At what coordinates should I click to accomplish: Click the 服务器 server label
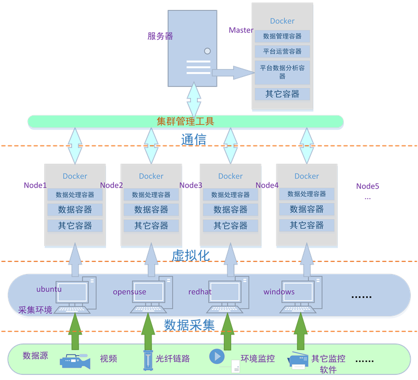pyautogui.click(x=160, y=36)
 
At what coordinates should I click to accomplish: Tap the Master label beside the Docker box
pyautogui.click(x=241, y=31)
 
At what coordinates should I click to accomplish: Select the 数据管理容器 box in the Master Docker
pyautogui.click(x=282, y=36)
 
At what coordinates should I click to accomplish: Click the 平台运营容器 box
pyautogui.click(x=282, y=52)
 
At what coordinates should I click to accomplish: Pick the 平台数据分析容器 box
pyautogui.click(x=282, y=72)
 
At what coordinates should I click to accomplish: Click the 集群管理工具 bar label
pyautogui.click(x=185, y=122)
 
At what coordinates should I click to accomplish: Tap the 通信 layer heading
pyautogui.click(x=194, y=140)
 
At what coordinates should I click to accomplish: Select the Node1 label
pyautogui.click(x=35, y=186)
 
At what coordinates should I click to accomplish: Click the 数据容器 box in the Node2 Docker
pyautogui.click(x=151, y=210)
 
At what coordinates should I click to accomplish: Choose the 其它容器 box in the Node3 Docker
pyautogui.click(x=231, y=226)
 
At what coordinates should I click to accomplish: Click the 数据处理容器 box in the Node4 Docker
pyautogui.click(x=307, y=194)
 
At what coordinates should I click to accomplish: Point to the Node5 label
pyautogui.click(x=367, y=186)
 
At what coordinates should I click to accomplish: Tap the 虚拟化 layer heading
pyautogui.click(x=191, y=256)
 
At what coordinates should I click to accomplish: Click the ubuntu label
pyautogui.click(x=49, y=289)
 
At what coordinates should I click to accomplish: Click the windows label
pyautogui.click(x=279, y=292)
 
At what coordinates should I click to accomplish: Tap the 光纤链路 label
pyautogui.click(x=173, y=359)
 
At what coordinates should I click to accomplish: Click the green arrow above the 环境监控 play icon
pyautogui.click(x=228, y=332)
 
